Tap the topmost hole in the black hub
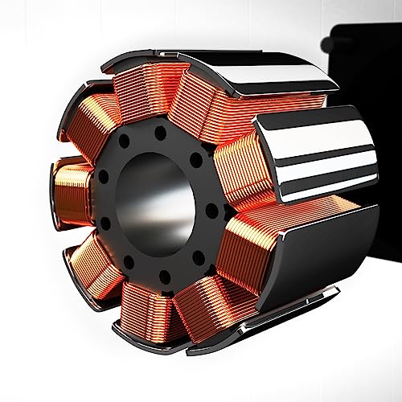160,129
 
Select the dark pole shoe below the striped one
322,257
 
